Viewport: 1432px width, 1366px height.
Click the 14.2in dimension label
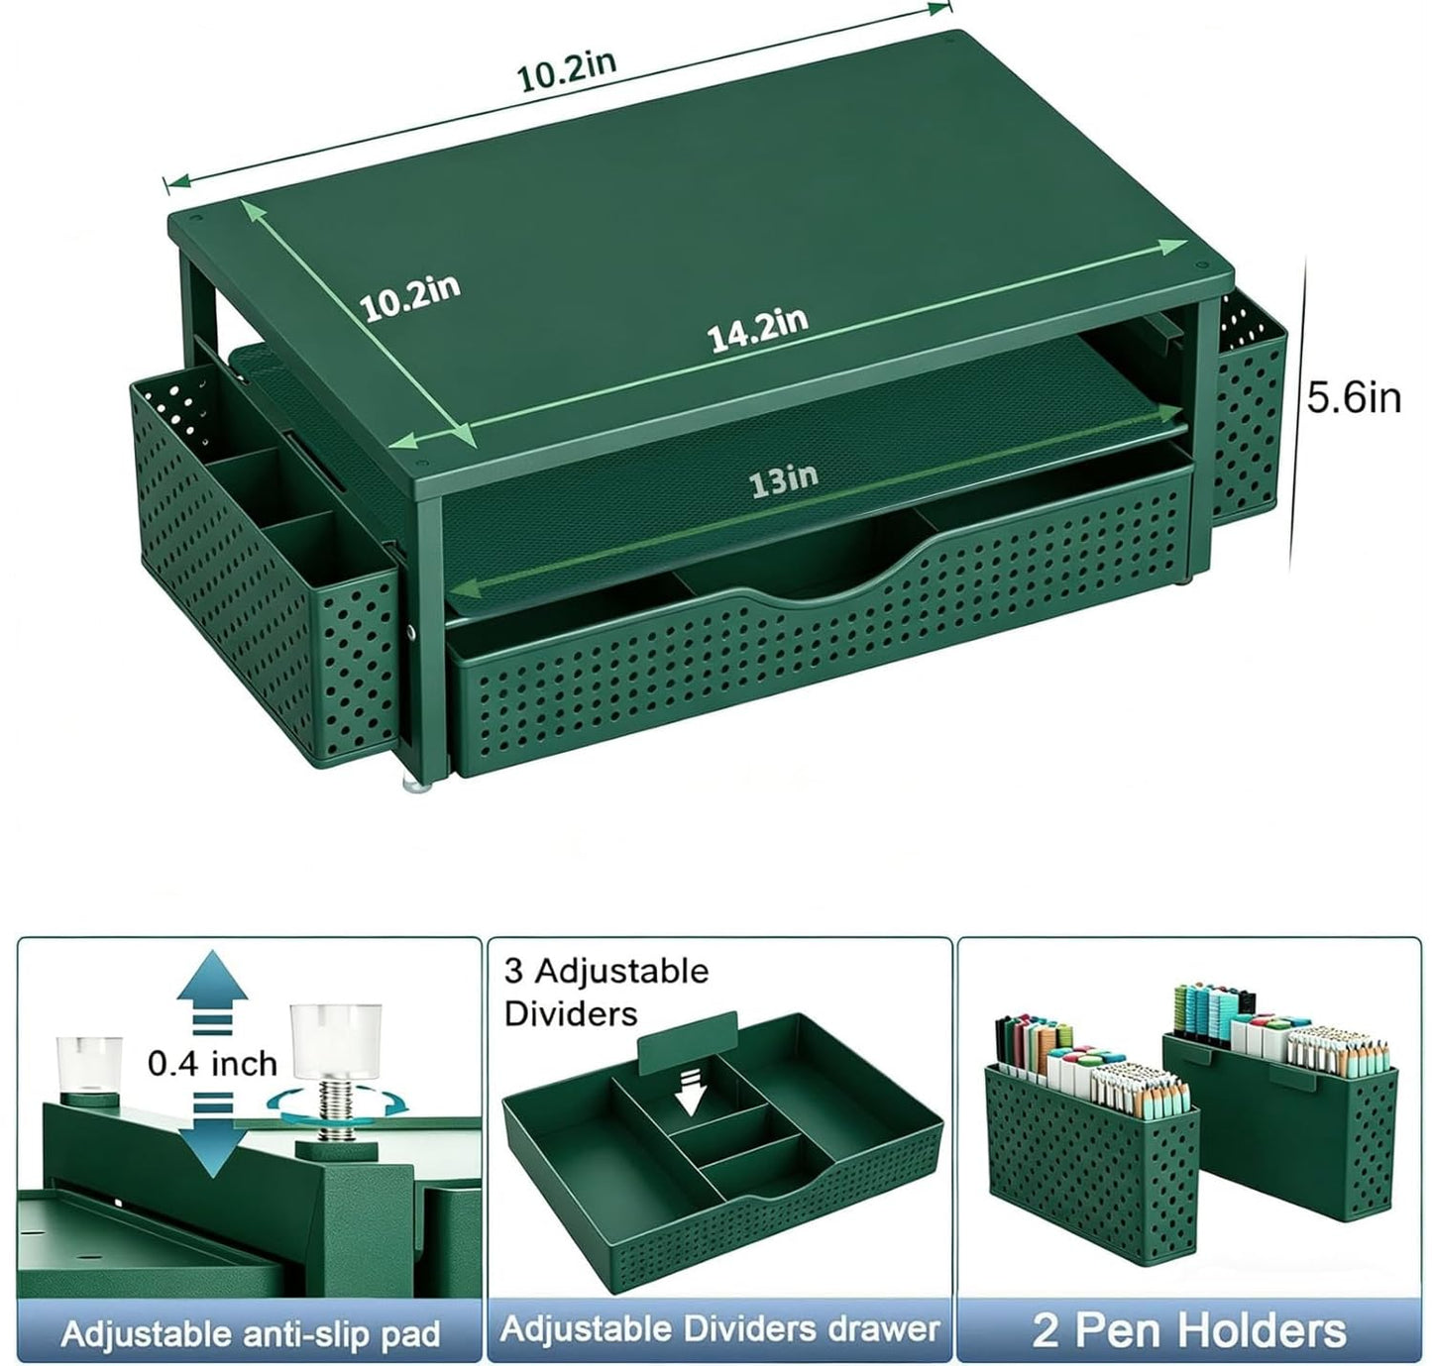click(757, 329)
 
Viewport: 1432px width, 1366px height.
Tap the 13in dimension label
click(783, 480)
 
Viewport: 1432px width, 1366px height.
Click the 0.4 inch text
click(213, 1064)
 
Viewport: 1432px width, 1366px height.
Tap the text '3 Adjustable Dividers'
click(606, 992)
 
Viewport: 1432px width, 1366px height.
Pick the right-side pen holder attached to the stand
click(1249, 408)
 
